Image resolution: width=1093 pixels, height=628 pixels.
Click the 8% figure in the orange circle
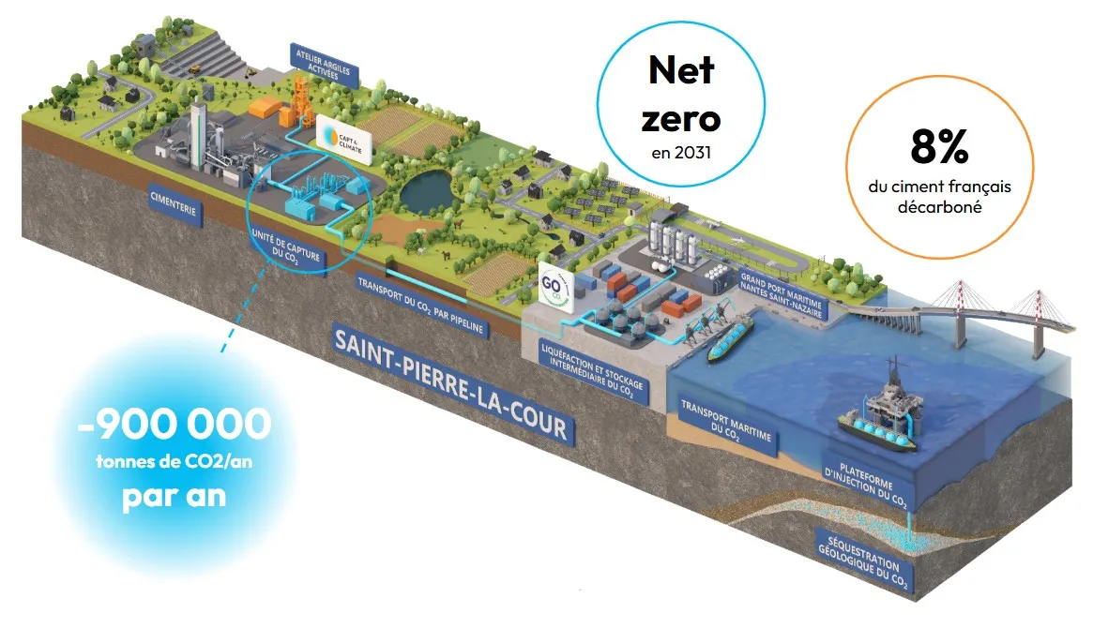pos(939,149)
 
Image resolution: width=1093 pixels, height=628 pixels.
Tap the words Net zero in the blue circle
pos(682,94)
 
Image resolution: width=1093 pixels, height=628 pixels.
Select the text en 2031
pos(682,149)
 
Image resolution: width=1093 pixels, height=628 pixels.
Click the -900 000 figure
pos(175,426)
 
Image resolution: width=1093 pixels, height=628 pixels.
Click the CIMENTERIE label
pos(174,204)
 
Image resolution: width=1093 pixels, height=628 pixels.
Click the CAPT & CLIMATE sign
pos(342,136)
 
